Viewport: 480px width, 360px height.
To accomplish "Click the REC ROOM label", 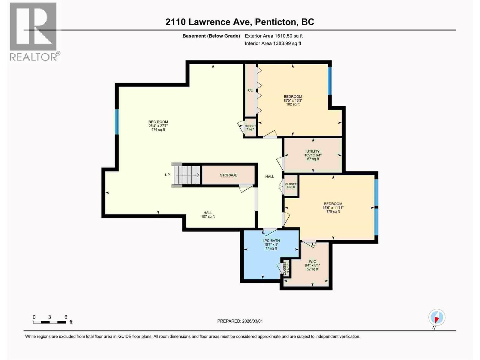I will pyautogui.click(x=158, y=126).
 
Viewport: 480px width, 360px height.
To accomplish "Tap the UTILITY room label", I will pyautogui.click(x=313, y=155).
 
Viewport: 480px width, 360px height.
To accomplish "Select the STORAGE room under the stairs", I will pyautogui.click(x=228, y=175).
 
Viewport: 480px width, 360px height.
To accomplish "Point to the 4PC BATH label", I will pyautogui.click(x=271, y=244).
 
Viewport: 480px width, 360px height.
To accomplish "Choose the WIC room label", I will pyautogui.click(x=312, y=265).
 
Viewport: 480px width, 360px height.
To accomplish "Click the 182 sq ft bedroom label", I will pyautogui.click(x=293, y=100).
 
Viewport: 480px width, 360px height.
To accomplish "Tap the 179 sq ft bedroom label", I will pyautogui.click(x=333, y=208).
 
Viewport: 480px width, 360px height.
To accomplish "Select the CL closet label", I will pyautogui.click(x=250, y=90).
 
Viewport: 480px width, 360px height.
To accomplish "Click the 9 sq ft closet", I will pyautogui.click(x=291, y=186).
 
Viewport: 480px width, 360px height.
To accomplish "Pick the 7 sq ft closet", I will pyautogui.click(x=250, y=127).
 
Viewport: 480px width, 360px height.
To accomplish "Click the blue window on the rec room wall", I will pyautogui.click(x=117, y=121).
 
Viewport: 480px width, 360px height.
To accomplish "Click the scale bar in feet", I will pyautogui.click(x=49, y=322).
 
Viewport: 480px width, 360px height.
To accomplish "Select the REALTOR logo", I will pyautogui.click(x=34, y=31).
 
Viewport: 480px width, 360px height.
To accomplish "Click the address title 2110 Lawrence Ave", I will pyautogui.click(x=240, y=22).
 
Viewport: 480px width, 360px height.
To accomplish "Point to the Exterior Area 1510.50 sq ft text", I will pyautogui.click(x=273, y=36).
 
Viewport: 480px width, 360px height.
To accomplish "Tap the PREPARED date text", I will pyautogui.click(x=240, y=321).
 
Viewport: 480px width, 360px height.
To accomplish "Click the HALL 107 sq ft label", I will pyautogui.click(x=208, y=214).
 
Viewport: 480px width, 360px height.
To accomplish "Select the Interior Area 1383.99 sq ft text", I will pyautogui.click(x=273, y=43).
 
